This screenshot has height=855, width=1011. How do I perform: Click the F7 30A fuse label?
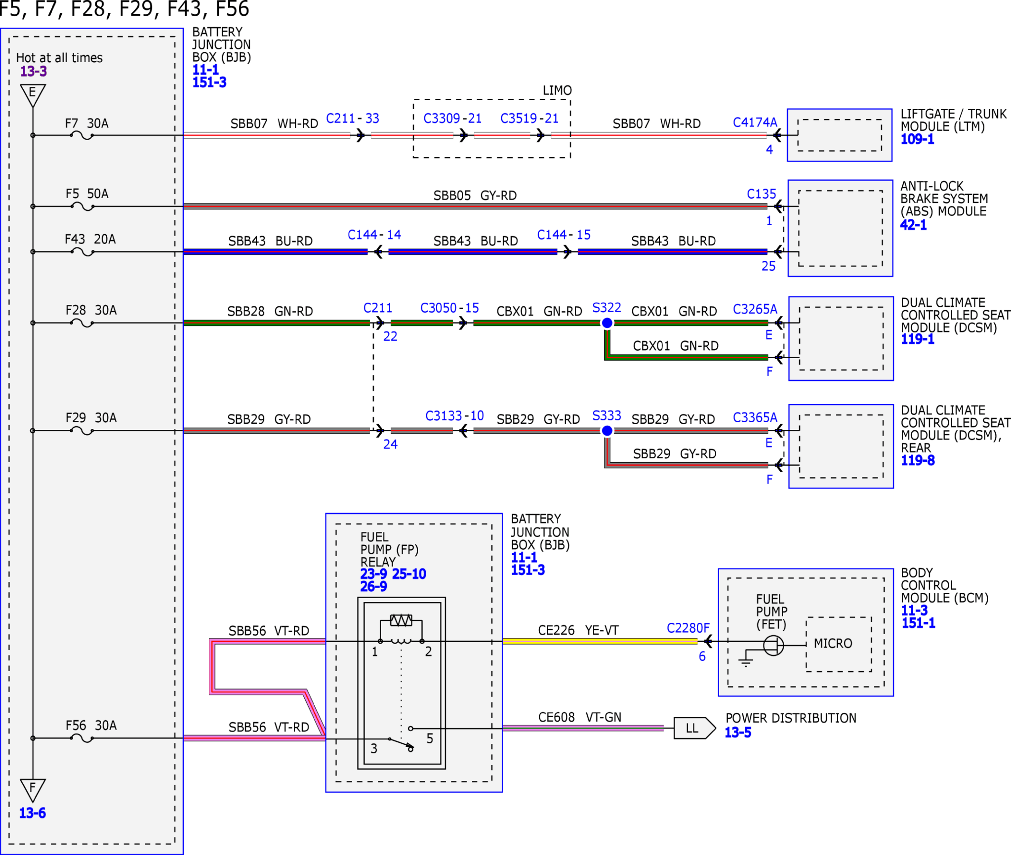point(87,123)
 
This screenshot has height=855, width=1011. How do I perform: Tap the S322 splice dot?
point(607,323)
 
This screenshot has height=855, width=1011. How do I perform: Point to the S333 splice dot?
point(607,430)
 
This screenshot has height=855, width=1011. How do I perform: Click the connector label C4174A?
point(755,122)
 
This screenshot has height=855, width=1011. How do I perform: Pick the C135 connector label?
point(761,194)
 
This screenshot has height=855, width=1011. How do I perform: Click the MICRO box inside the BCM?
point(839,644)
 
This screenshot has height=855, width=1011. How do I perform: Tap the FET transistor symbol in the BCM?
point(773,646)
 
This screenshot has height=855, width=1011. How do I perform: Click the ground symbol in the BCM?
point(746,662)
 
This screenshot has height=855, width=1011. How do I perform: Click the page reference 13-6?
point(32,813)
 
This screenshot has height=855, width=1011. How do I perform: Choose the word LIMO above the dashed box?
point(557,91)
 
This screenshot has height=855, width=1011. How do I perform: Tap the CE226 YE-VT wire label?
point(579,630)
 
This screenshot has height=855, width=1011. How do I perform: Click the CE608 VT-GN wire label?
point(580,717)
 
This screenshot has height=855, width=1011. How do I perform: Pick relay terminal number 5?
point(430,738)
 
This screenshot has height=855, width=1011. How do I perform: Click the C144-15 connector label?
point(564,235)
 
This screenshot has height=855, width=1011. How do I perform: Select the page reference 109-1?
point(917,139)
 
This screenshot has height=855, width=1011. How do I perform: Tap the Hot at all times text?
point(60,57)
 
